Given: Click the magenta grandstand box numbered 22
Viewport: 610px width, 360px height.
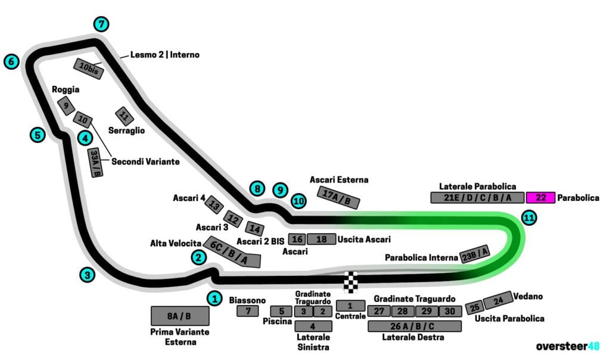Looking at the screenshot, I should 541,197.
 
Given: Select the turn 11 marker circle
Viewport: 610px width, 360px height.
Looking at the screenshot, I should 528,218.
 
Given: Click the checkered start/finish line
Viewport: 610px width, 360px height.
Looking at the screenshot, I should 352,281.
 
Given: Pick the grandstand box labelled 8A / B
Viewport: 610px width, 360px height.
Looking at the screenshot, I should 180,316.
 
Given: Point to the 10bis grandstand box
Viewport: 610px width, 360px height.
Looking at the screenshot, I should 89,69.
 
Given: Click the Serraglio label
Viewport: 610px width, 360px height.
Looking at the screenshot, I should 126,130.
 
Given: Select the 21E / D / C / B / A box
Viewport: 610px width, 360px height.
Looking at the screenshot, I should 477,197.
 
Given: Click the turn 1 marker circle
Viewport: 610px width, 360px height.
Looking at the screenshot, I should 214,298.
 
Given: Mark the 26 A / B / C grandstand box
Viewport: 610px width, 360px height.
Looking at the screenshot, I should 415,326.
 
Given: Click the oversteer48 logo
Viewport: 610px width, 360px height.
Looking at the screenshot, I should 568,346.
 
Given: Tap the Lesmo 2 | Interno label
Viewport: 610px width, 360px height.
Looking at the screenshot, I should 165,55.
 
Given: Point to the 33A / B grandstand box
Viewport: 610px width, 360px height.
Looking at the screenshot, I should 95,163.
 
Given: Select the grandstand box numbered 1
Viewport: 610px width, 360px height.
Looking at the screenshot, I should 350,306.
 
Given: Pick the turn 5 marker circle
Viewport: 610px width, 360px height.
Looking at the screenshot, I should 38,135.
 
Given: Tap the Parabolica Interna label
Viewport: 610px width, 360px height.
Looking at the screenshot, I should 422,258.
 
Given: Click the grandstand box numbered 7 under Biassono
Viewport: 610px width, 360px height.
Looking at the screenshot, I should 248,311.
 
